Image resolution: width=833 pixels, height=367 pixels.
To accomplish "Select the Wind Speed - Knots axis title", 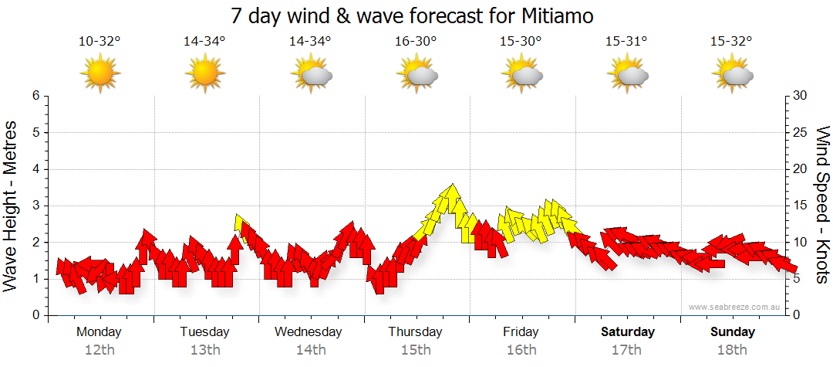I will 821,205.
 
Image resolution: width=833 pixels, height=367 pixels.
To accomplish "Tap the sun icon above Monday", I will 99,74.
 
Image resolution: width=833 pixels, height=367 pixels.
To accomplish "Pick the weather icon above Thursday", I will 416,74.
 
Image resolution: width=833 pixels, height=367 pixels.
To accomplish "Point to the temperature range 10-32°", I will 99,42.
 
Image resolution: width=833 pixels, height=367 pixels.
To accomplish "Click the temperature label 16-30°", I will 416,42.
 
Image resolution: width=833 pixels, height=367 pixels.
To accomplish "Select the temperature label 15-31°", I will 626,42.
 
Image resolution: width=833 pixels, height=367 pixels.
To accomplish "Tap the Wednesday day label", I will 309,332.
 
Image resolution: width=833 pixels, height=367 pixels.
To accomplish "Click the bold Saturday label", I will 628,332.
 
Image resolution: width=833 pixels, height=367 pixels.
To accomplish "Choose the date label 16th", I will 521,350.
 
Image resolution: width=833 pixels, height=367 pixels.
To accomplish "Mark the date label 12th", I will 99,350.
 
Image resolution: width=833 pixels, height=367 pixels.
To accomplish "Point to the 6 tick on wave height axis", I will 35,96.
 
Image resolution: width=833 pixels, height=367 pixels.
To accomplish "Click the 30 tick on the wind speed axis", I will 801,96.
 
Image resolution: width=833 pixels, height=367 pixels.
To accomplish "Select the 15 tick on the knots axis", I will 801,206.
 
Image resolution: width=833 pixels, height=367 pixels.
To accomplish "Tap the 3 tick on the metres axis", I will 35,206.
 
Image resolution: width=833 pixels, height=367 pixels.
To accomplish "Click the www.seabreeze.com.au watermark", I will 736,307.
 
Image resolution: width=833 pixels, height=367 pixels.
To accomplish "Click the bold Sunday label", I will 733,332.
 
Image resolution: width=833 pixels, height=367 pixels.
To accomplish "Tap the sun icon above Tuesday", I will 205,74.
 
